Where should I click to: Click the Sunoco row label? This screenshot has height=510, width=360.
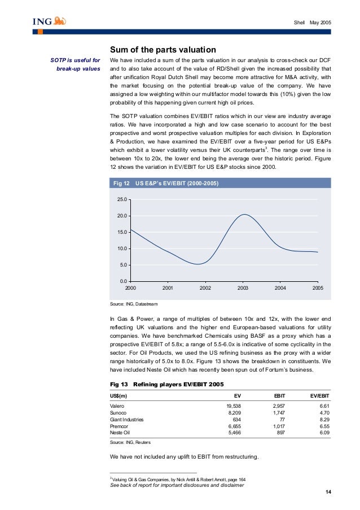click(119, 413)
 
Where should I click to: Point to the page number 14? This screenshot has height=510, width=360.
click(328, 493)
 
